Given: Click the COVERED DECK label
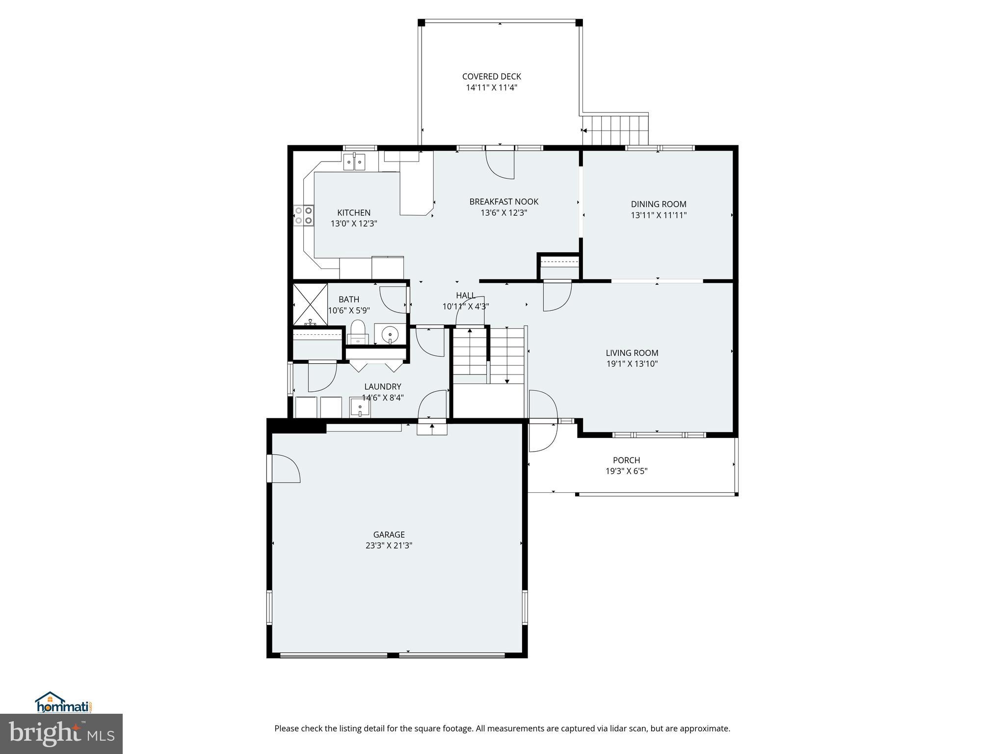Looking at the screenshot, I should point(491,77).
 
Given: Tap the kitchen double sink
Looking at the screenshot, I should point(354,162).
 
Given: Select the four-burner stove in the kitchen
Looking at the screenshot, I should point(303,215).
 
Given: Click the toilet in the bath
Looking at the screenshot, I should point(358,332).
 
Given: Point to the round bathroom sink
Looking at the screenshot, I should point(390,334).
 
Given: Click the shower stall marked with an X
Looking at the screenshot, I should point(310,304).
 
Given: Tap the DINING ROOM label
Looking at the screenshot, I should point(659,204).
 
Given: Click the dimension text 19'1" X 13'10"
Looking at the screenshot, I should point(632,364).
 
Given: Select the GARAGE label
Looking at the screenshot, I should point(389,535).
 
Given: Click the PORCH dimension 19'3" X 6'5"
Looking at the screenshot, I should point(626,471).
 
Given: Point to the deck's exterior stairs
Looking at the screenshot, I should point(616,130).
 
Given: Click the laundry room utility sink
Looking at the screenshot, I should point(360,407).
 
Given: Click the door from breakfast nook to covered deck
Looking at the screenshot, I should point(500,164).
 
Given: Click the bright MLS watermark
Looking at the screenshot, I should point(61,734).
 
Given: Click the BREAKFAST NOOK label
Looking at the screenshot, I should point(503,202).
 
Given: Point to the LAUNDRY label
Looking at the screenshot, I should point(382,387).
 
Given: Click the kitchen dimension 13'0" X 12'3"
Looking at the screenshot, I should point(353,224).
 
